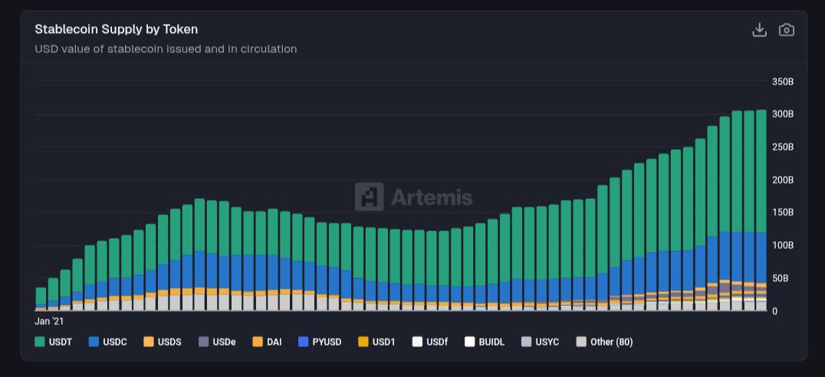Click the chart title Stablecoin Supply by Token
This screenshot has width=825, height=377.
(x=116, y=29)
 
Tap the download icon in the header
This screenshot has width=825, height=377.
(x=759, y=30)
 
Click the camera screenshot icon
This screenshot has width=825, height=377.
(x=786, y=30)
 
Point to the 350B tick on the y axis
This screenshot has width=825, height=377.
(x=782, y=81)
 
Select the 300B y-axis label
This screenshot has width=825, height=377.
(x=782, y=114)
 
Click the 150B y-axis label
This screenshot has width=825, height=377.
(x=782, y=213)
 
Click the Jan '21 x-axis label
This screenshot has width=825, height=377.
(x=49, y=320)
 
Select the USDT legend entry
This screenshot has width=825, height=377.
(x=54, y=342)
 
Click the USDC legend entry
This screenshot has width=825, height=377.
(x=107, y=342)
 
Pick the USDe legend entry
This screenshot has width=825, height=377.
(x=217, y=342)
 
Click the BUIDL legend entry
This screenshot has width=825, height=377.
(x=485, y=342)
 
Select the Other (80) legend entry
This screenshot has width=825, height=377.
(x=604, y=342)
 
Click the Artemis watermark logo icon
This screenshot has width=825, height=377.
(x=369, y=197)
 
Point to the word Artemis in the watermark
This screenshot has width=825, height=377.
(x=432, y=197)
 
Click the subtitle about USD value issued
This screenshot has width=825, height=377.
(x=166, y=49)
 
